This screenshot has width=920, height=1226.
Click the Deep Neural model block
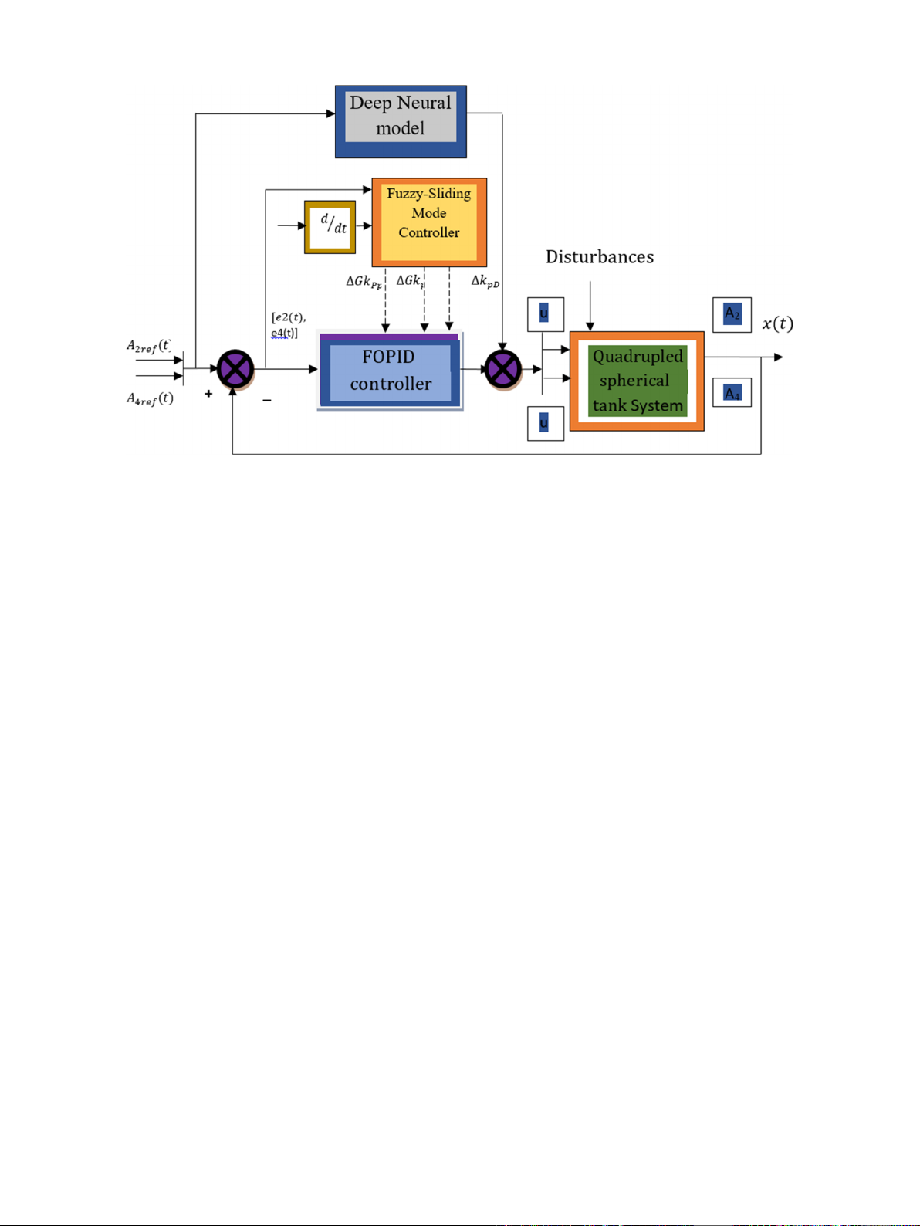pyautogui.click(x=401, y=121)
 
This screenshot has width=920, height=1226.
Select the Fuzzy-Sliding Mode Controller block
pyautogui.click(x=429, y=222)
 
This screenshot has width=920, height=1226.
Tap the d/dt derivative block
pyautogui.click(x=330, y=227)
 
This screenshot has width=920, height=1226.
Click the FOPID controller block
pyautogui.click(x=390, y=371)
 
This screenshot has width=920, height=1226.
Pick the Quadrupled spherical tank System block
pyautogui.click(x=637, y=381)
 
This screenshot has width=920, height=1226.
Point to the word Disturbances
pyautogui.click(x=600, y=257)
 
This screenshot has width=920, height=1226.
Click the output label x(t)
pyautogui.click(x=777, y=323)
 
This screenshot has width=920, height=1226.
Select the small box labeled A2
pyautogui.click(x=732, y=314)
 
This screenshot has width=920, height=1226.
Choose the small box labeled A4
pyautogui.click(x=732, y=393)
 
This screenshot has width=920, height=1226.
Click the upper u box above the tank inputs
pyautogui.click(x=545, y=314)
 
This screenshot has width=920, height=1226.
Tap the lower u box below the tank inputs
pyautogui.click(x=545, y=423)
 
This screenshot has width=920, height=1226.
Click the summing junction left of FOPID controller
pyautogui.click(x=235, y=369)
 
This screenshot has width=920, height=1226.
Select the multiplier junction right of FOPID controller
pyautogui.click(x=502, y=369)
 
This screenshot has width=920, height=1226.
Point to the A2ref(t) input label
pyautogui.click(x=149, y=347)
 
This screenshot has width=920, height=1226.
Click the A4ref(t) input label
pyautogui.click(x=150, y=399)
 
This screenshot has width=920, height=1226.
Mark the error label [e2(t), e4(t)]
pyautogui.click(x=288, y=325)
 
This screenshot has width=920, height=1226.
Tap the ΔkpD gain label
pyautogui.click(x=485, y=282)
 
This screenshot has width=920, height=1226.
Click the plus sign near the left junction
pyautogui.click(x=208, y=394)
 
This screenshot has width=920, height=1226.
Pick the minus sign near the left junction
pyautogui.click(x=266, y=400)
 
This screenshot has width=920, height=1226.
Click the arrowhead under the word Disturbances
pyautogui.click(x=590, y=327)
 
